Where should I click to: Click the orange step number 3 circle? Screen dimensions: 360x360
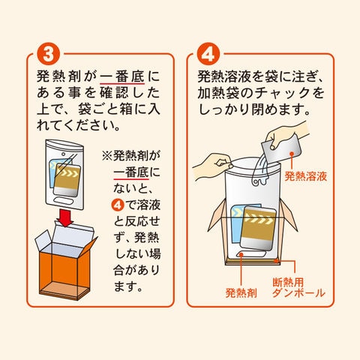coord(49,54)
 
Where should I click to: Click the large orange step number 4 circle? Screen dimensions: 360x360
coord(208,54)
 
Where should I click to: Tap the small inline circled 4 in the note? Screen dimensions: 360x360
coord(118,205)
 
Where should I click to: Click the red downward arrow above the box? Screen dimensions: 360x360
coord(64,218)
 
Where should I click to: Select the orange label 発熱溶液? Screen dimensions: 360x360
coord(306,176)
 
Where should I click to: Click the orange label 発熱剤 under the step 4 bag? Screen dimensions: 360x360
coord(241,292)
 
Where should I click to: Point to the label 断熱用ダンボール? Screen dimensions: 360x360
coord(298,288)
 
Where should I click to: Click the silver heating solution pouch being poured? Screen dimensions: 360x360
coord(282,148)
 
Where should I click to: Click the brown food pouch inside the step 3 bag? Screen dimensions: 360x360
coord(67,180)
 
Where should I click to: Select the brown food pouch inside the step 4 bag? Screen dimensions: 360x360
coord(257,228)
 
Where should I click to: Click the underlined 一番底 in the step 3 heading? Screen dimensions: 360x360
coord(122,76)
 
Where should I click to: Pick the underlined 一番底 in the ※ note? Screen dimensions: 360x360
coord(131,172)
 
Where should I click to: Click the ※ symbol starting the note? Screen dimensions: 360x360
coord(107,156)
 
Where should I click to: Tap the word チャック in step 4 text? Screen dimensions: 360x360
coord(283,93)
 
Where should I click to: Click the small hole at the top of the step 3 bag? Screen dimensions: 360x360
coord(64,154)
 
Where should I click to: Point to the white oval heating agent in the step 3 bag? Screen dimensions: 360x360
coord(63,201)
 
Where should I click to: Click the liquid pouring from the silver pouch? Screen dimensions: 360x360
coord(261,170)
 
